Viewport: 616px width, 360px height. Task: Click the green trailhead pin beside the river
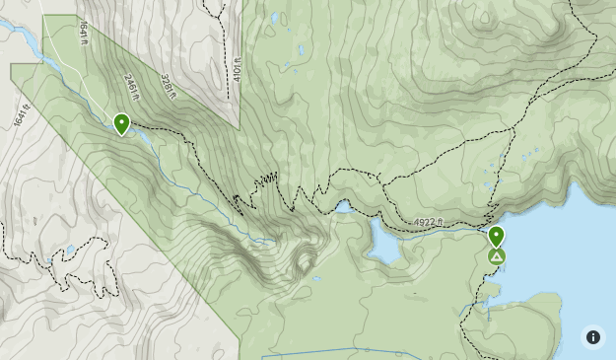pyautogui.click(x=121, y=123)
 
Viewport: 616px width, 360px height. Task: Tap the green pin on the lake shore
pyautogui.click(x=497, y=236)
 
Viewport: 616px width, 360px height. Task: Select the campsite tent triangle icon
pyautogui.click(x=497, y=257)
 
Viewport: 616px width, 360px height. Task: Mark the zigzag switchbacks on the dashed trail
pyautogui.click(x=266, y=182)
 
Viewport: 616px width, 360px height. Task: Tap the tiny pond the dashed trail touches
pyautogui.click(x=343, y=208)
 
